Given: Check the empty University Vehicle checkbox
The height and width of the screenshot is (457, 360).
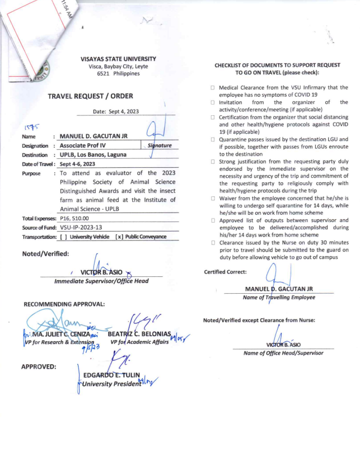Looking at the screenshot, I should pyautogui.click(x=63, y=237).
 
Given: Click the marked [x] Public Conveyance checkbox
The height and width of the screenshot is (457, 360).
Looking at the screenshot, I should pyautogui.click(x=119, y=237).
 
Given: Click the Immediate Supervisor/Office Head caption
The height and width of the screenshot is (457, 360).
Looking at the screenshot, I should pyautogui.click(x=101, y=281).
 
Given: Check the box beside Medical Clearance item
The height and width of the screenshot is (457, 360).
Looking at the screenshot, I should pyautogui.click(x=213, y=88).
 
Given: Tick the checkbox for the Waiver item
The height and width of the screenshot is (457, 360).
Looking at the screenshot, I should pyautogui.click(x=213, y=198).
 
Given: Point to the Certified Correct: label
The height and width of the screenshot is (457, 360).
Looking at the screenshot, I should pyautogui.click(x=226, y=272).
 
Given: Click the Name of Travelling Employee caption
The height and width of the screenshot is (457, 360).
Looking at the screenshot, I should pyautogui.click(x=279, y=297).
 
